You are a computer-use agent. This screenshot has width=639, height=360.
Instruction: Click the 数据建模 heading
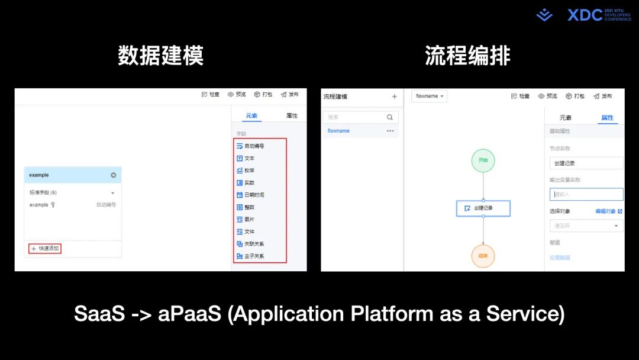coord(160,56)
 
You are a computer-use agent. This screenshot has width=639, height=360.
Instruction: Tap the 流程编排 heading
coord(467,56)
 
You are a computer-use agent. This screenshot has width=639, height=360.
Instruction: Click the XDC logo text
coord(585,15)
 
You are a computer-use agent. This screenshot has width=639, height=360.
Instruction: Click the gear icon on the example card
coord(113,175)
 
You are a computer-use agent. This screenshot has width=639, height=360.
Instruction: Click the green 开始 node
coord(483,160)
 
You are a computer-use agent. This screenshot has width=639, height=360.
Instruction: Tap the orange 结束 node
coord(483,256)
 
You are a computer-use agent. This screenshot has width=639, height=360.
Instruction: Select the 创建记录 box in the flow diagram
coord(483,208)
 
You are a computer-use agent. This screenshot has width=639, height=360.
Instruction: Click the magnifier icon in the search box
coord(390,117)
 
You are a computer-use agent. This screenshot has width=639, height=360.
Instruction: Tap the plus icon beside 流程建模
coord(395,97)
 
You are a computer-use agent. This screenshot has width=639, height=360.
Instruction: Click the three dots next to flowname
coord(390,131)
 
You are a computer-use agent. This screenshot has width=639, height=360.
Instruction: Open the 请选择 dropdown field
coord(586,226)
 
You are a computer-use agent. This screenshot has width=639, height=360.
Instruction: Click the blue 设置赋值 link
coord(560,258)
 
